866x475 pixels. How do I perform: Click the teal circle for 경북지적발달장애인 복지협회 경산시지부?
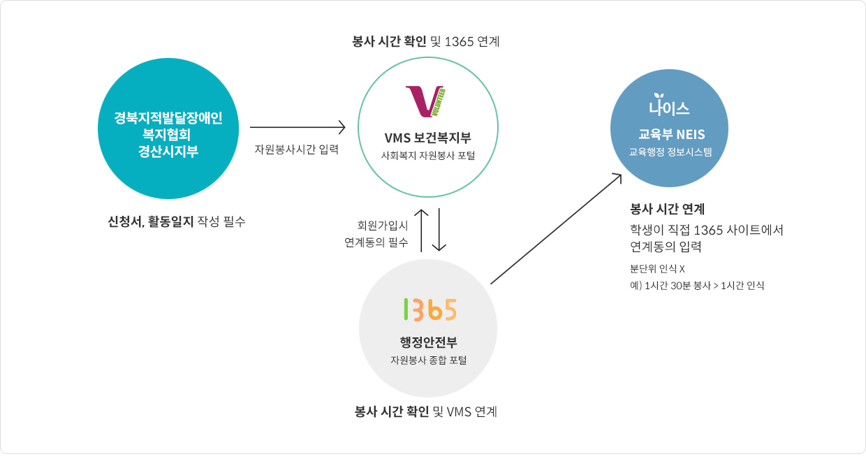(x=168, y=129)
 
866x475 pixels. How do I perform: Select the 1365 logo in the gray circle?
(x=429, y=309)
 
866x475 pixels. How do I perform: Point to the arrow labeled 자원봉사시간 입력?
(x=298, y=127)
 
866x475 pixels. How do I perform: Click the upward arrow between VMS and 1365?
(x=422, y=229)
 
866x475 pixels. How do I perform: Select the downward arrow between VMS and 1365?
(x=439, y=229)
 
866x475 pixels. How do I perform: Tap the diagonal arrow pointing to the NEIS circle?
(x=556, y=228)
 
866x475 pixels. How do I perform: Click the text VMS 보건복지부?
(x=427, y=137)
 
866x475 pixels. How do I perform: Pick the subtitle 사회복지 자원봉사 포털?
(x=427, y=155)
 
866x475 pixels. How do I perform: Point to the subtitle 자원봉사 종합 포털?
(x=428, y=360)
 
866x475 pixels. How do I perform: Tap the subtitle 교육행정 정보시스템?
(x=668, y=151)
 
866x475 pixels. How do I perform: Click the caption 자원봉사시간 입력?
(x=296, y=149)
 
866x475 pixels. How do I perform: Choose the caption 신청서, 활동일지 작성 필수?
(x=177, y=222)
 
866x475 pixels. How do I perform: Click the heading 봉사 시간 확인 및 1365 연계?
(x=426, y=41)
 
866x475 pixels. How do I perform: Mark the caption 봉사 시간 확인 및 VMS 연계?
(x=426, y=411)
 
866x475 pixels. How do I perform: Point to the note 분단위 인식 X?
(x=657, y=268)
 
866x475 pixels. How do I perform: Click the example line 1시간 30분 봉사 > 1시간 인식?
(x=697, y=285)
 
